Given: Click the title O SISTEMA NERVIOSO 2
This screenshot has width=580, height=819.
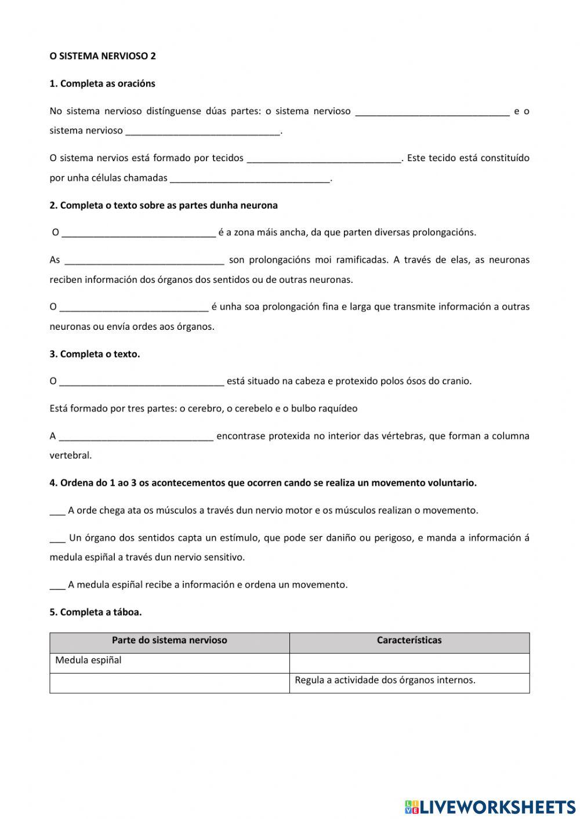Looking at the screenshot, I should pos(103,56).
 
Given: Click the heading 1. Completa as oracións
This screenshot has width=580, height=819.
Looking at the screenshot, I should pos(102,83).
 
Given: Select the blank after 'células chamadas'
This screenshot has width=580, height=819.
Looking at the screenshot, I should pos(249,179).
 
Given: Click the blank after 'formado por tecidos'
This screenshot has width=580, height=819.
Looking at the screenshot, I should pos(324,158).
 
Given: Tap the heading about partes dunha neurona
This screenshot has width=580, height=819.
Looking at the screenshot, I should pos(164,205).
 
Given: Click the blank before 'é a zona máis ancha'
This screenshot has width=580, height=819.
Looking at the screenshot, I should pos(139,233).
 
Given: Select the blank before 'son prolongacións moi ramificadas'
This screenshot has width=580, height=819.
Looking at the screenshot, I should pos(144,260).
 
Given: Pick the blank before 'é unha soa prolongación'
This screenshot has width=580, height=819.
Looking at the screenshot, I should pos(133,307).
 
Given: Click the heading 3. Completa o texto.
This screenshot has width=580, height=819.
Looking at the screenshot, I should pos(95,354).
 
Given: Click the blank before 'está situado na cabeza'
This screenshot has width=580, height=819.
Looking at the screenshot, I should pos(142,381).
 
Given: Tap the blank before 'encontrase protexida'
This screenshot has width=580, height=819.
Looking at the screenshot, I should pos(136,436).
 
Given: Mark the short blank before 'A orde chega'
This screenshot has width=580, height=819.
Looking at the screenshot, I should pos(57,511).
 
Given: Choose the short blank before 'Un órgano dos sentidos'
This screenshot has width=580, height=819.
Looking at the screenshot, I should pos(57,538).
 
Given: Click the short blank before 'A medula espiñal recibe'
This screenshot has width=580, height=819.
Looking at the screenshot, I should pos(57,585).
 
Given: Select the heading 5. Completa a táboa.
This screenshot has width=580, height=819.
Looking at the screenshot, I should pos(96,612).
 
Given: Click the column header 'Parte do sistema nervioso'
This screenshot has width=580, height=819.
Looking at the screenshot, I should pos(169,640).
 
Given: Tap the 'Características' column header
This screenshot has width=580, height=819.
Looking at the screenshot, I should pos(409,640).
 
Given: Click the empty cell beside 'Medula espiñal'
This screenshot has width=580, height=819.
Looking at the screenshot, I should pos(409,663).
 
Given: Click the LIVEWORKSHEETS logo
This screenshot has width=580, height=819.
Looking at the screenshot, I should pos(490,806).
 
